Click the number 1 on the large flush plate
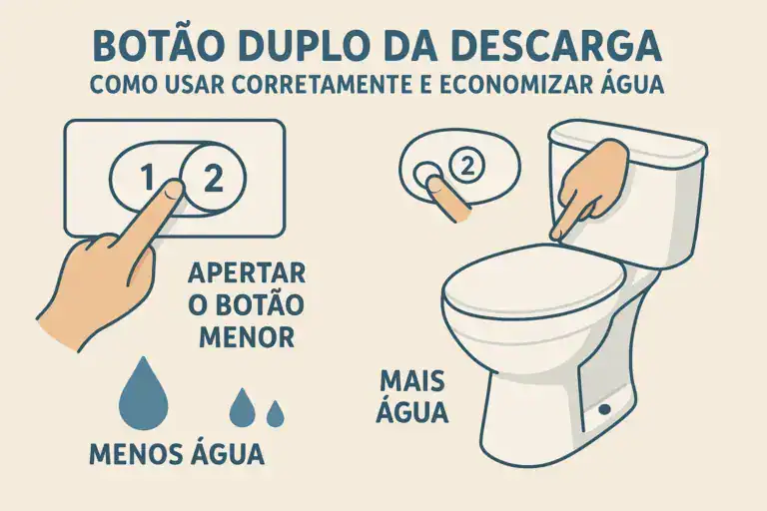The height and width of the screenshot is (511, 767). pos(147,178)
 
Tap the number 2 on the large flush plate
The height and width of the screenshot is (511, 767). pos(213,178)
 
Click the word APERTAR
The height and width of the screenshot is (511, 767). pos(246,272)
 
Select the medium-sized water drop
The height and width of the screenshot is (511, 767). pos(243,406)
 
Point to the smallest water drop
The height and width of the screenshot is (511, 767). pos(275,410)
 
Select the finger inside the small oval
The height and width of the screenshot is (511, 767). pos(447,196)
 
